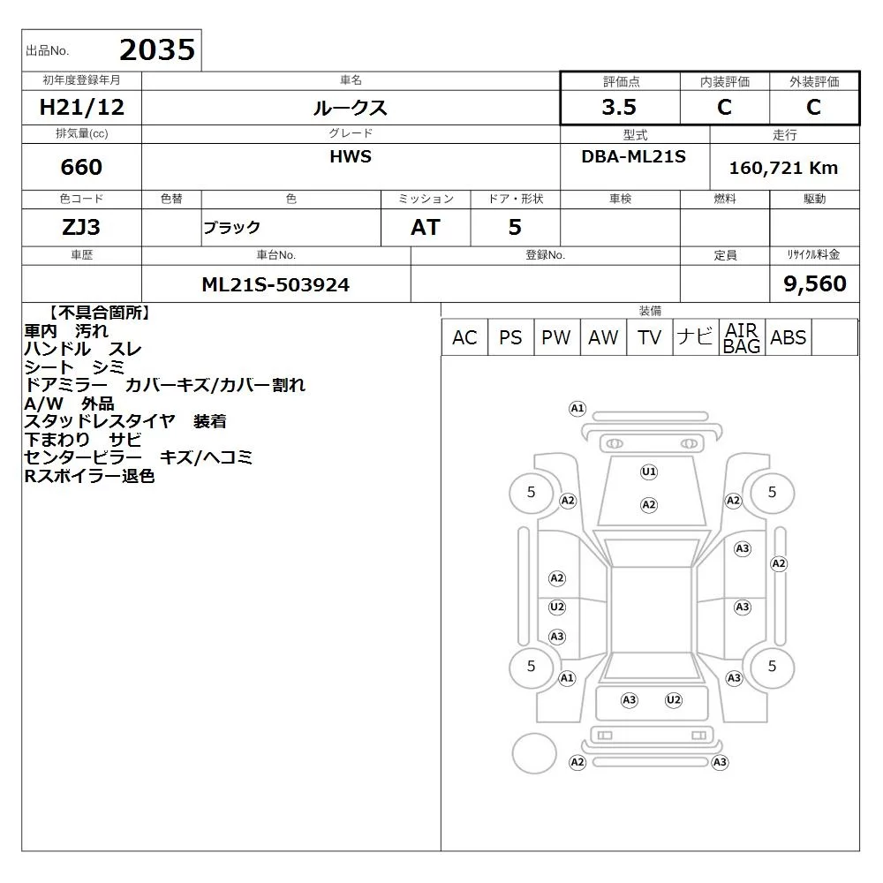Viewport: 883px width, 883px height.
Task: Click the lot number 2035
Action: [x=157, y=49]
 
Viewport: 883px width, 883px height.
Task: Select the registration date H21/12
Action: [x=81, y=107]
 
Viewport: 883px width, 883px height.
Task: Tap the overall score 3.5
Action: [x=619, y=107]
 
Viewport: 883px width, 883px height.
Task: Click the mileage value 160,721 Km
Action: [x=783, y=168]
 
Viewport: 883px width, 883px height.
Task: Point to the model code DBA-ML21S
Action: [x=633, y=156]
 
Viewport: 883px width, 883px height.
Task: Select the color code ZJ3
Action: [x=81, y=227]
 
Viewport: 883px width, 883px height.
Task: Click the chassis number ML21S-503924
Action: [x=275, y=284]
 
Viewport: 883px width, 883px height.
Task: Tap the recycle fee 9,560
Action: [x=815, y=283]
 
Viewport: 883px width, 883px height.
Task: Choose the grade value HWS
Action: [x=351, y=156]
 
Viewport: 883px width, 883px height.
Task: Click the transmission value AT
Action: [x=426, y=227]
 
